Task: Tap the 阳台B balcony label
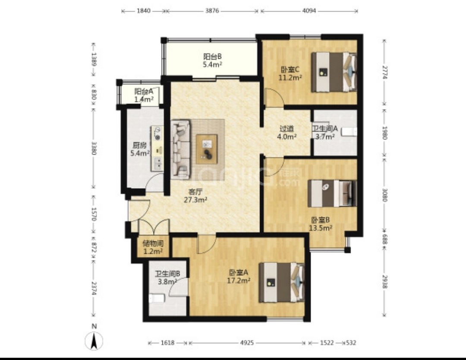(x=212, y=56)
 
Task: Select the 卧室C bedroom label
(x=290, y=69)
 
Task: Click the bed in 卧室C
(x=334, y=72)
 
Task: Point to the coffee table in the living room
(x=207, y=149)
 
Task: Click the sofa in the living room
(x=181, y=149)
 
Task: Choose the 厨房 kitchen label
(x=139, y=145)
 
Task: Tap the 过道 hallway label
(x=287, y=129)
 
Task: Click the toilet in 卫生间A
(x=349, y=132)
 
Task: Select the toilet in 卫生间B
(x=156, y=298)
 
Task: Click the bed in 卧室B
(x=332, y=193)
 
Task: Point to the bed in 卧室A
(x=282, y=282)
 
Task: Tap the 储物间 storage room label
(x=153, y=244)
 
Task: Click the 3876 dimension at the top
(x=212, y=11)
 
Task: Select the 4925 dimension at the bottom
(x=247, y=343)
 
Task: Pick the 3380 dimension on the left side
(x=94, y=148)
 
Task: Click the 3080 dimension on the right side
(x=384, y=195)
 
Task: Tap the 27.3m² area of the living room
(x=195, y=200)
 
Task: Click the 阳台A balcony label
(x=144, y=92)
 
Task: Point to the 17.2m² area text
(x=239, y=280)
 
